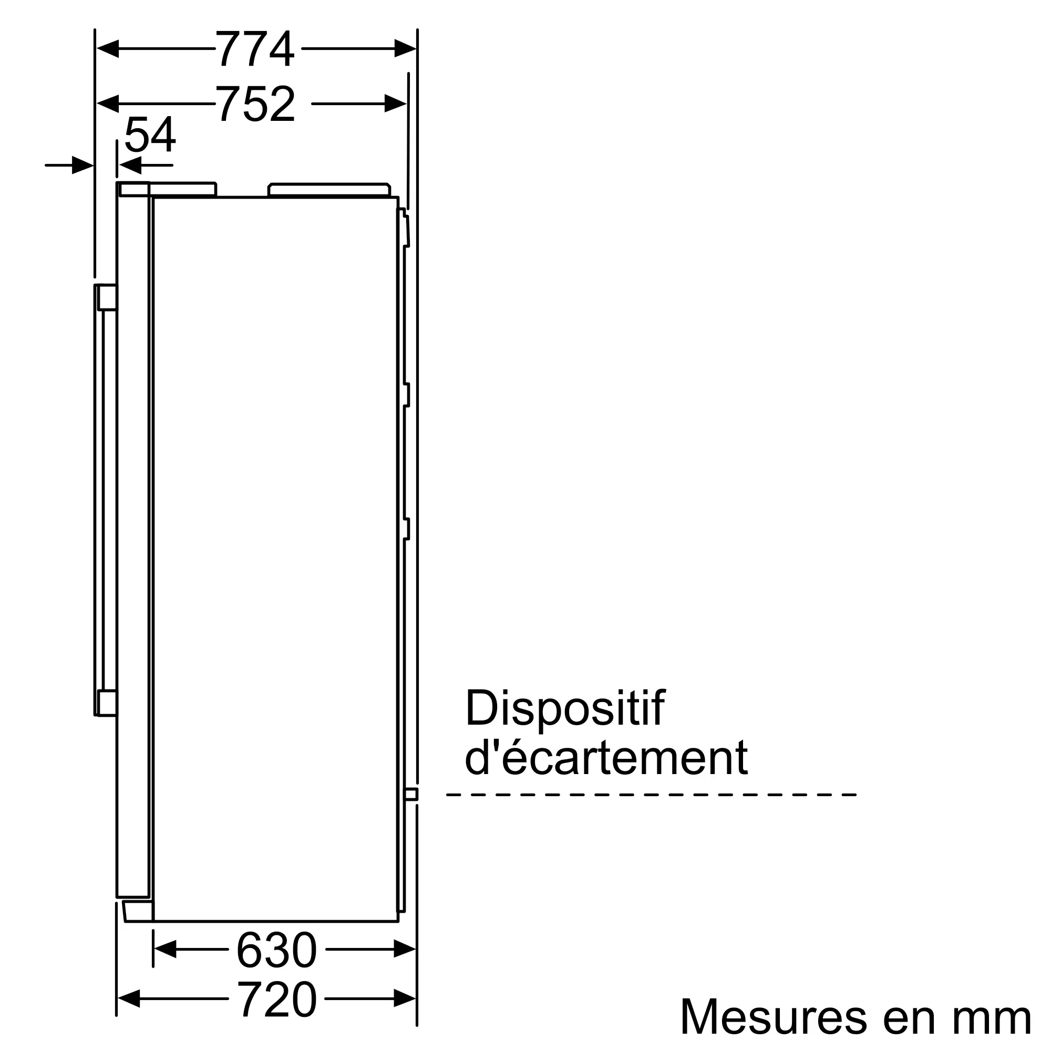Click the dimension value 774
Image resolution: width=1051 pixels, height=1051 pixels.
[255, 48]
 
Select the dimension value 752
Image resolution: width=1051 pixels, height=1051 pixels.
[256, 104]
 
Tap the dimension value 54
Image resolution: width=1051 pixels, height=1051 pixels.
[150, 135]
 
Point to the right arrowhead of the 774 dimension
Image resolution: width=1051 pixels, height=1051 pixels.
[405, 48]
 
